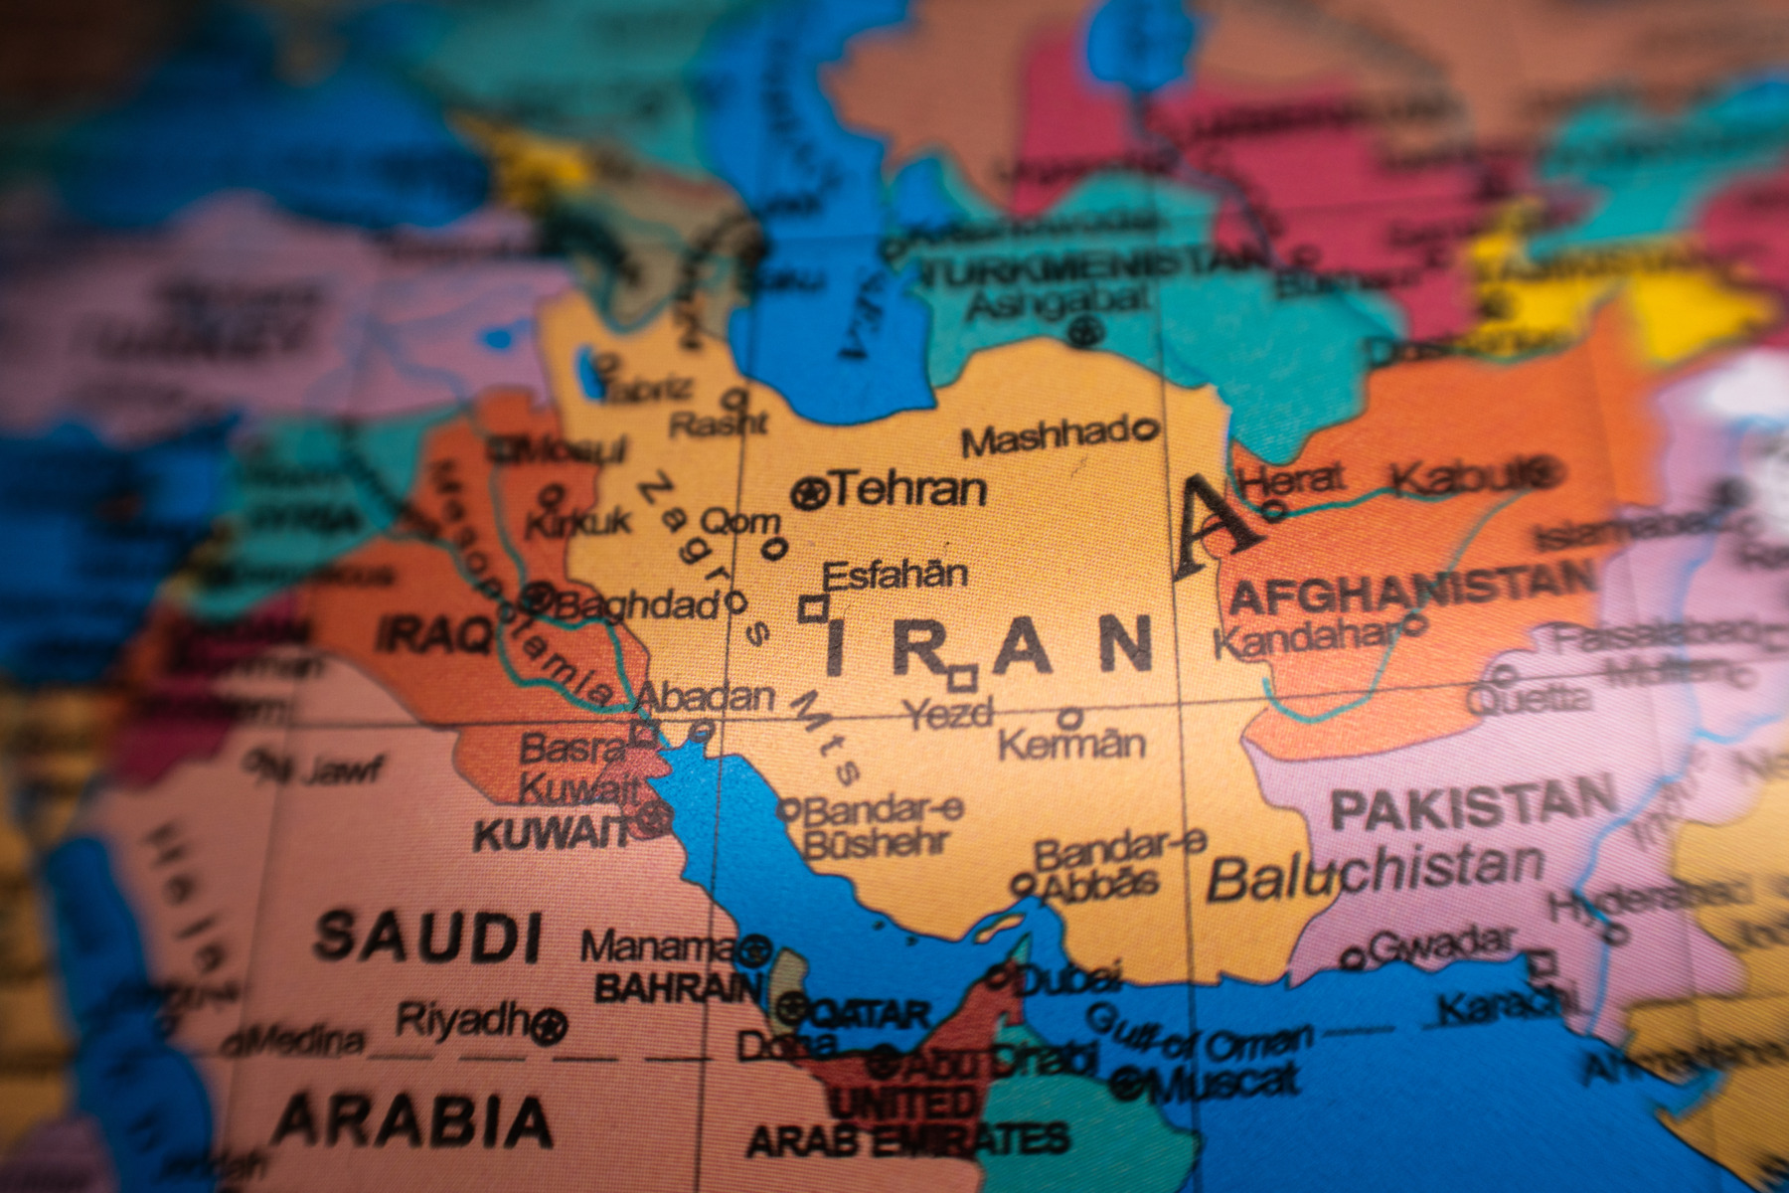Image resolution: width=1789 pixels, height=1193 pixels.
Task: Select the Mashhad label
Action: (1045, 436)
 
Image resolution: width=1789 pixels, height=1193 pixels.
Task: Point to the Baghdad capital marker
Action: (538, 598)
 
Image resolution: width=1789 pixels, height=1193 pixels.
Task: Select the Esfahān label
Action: (894, 575)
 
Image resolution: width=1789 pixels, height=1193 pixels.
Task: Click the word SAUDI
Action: (428, 937)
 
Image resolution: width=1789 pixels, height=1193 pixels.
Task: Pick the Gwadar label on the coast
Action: (1441, 943)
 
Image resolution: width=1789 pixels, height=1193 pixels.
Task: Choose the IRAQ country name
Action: (434, 633)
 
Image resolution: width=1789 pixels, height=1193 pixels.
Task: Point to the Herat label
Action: (1292, 480)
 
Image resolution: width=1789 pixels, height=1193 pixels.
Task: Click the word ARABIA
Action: (412, 1120)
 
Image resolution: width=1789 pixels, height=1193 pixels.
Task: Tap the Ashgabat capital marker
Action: (1086, 330)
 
